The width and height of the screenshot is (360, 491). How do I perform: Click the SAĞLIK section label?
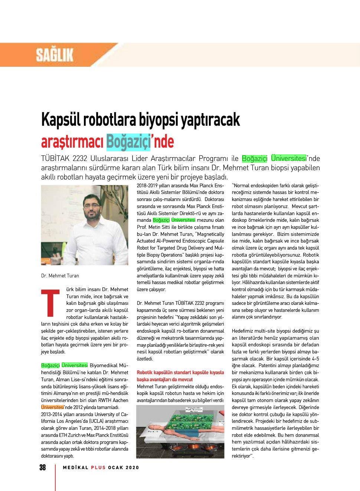pyautogui.click(x=55, y=55)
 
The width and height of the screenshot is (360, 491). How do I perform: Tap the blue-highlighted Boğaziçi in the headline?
pyautogui.click(x=128, y=142)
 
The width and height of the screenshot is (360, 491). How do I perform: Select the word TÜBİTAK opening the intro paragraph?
pyautogui.click(x=57, y=159)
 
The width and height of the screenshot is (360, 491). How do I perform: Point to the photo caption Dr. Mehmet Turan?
pyautogui.click(x=60, y=276)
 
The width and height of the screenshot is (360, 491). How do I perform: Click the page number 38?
pyautogui.click(x=43, y=467)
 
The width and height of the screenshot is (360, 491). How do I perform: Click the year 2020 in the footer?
pyautogui.click(x=132, y=468)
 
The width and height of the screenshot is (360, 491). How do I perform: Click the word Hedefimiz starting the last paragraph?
pyautogui.click(x=243, y=331)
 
